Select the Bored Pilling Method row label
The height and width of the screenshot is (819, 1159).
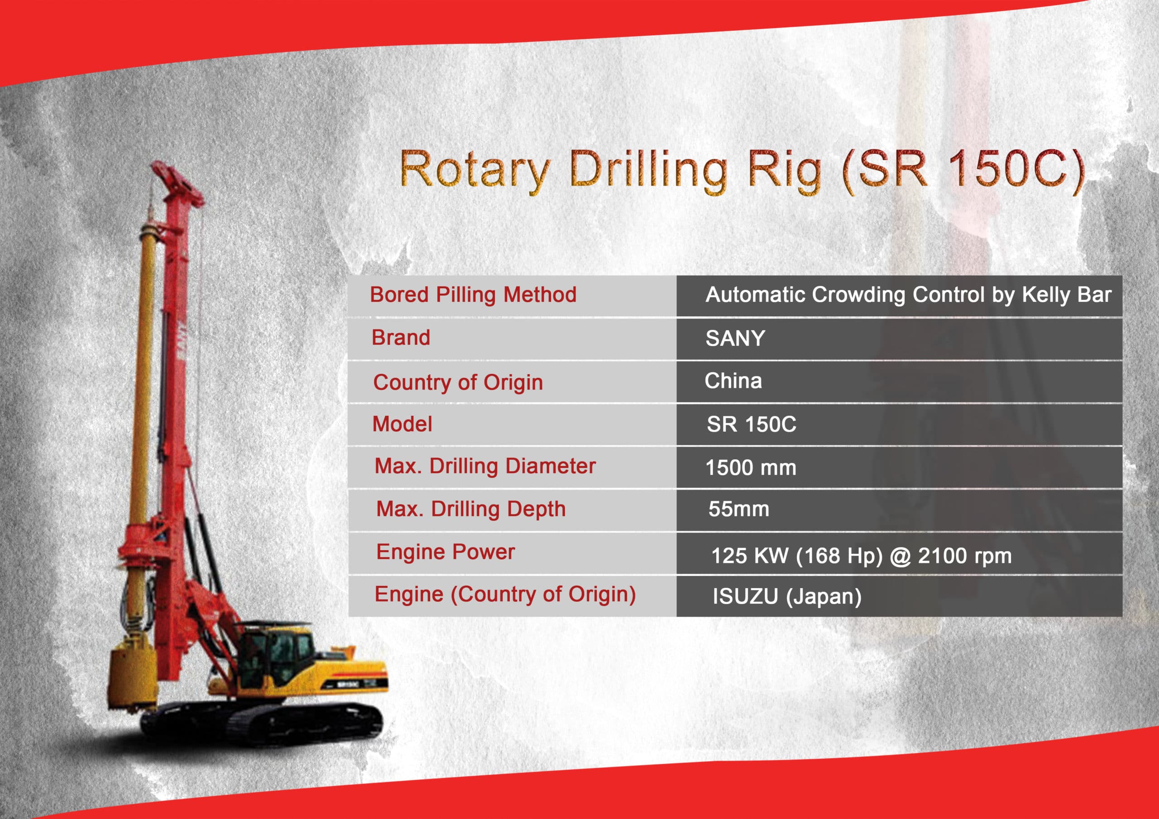coord(473,295)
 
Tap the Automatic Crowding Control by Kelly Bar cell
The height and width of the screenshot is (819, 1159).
coord(909,295)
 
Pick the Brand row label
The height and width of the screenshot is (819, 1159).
coord(401,338)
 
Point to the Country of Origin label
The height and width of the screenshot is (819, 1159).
coord(458,382)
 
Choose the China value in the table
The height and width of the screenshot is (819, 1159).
coord(733,381)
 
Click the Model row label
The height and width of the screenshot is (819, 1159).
coord(402,424)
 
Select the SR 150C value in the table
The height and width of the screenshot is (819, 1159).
coord(751,424)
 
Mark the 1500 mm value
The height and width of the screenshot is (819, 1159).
coord(751,468)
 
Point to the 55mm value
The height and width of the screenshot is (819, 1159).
coord(738,509)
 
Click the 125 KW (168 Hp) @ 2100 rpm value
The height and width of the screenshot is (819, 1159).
coord(861,556)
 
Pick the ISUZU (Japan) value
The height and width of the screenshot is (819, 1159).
coord(787,596)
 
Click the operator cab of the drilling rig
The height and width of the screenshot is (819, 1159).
coord(275,653)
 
